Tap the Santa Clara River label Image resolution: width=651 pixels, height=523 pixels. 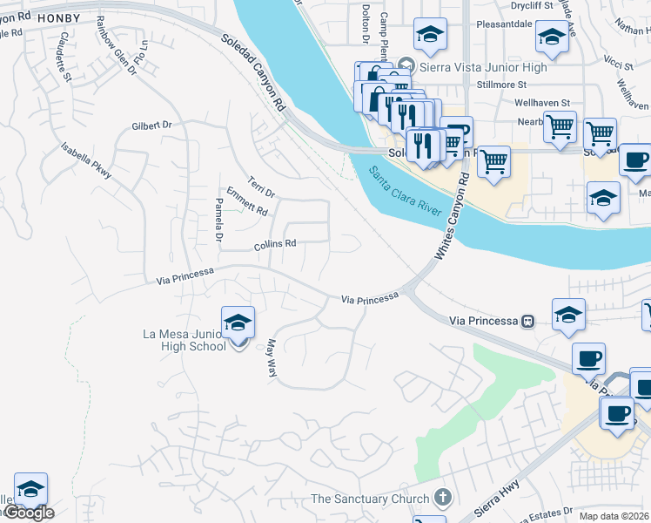click(407, 191)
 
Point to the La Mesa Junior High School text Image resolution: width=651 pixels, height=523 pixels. click(185, 340)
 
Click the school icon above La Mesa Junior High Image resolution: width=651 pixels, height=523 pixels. click(238, 323)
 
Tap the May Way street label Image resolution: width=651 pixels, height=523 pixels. click(272, 357)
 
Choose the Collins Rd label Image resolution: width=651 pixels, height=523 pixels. click(275, 245)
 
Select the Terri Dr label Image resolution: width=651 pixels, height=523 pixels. click(261, 186)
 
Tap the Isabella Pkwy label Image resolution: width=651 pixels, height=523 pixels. click(87, 160)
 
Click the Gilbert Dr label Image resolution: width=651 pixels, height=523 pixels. click(152, 126)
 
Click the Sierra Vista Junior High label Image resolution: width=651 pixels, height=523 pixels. click(484, 67)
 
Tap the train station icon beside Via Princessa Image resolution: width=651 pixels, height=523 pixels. click(527, 321)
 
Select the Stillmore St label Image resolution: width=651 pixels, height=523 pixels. click(502, 85)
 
